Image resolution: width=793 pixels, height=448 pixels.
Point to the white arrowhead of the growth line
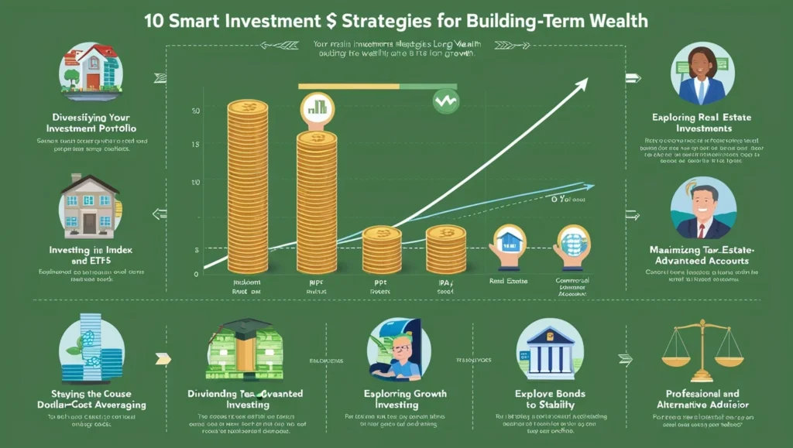[x=577, y=87]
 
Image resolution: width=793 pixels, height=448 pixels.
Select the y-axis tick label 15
[x=195, y=145]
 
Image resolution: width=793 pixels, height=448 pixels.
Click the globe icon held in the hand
[x=573, y=240]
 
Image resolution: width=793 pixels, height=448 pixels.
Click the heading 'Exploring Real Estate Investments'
[x=702, y=123]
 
